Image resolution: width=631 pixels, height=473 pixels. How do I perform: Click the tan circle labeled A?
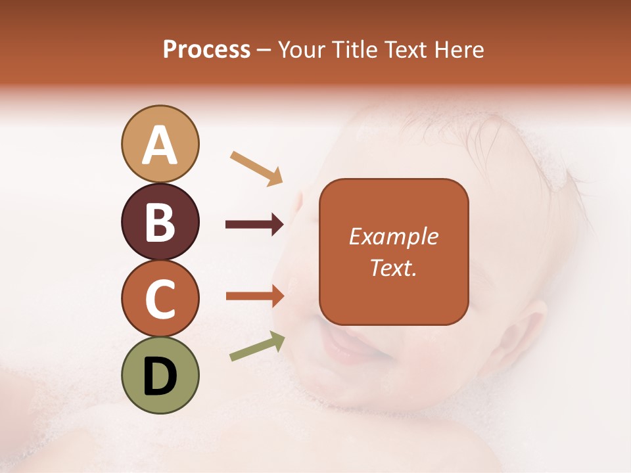160,144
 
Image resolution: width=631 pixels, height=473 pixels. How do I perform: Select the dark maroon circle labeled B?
160,221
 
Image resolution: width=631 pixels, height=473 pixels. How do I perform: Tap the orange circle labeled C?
160,298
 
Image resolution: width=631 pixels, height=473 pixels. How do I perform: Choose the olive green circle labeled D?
160,375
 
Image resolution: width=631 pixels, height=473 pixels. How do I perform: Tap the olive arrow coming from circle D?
257,346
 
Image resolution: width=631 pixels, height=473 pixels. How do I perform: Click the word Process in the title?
206,50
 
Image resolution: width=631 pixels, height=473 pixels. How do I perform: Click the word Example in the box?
393,236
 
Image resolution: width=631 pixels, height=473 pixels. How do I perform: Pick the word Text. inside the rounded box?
393,267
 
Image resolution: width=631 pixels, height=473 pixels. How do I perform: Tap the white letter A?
160,145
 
